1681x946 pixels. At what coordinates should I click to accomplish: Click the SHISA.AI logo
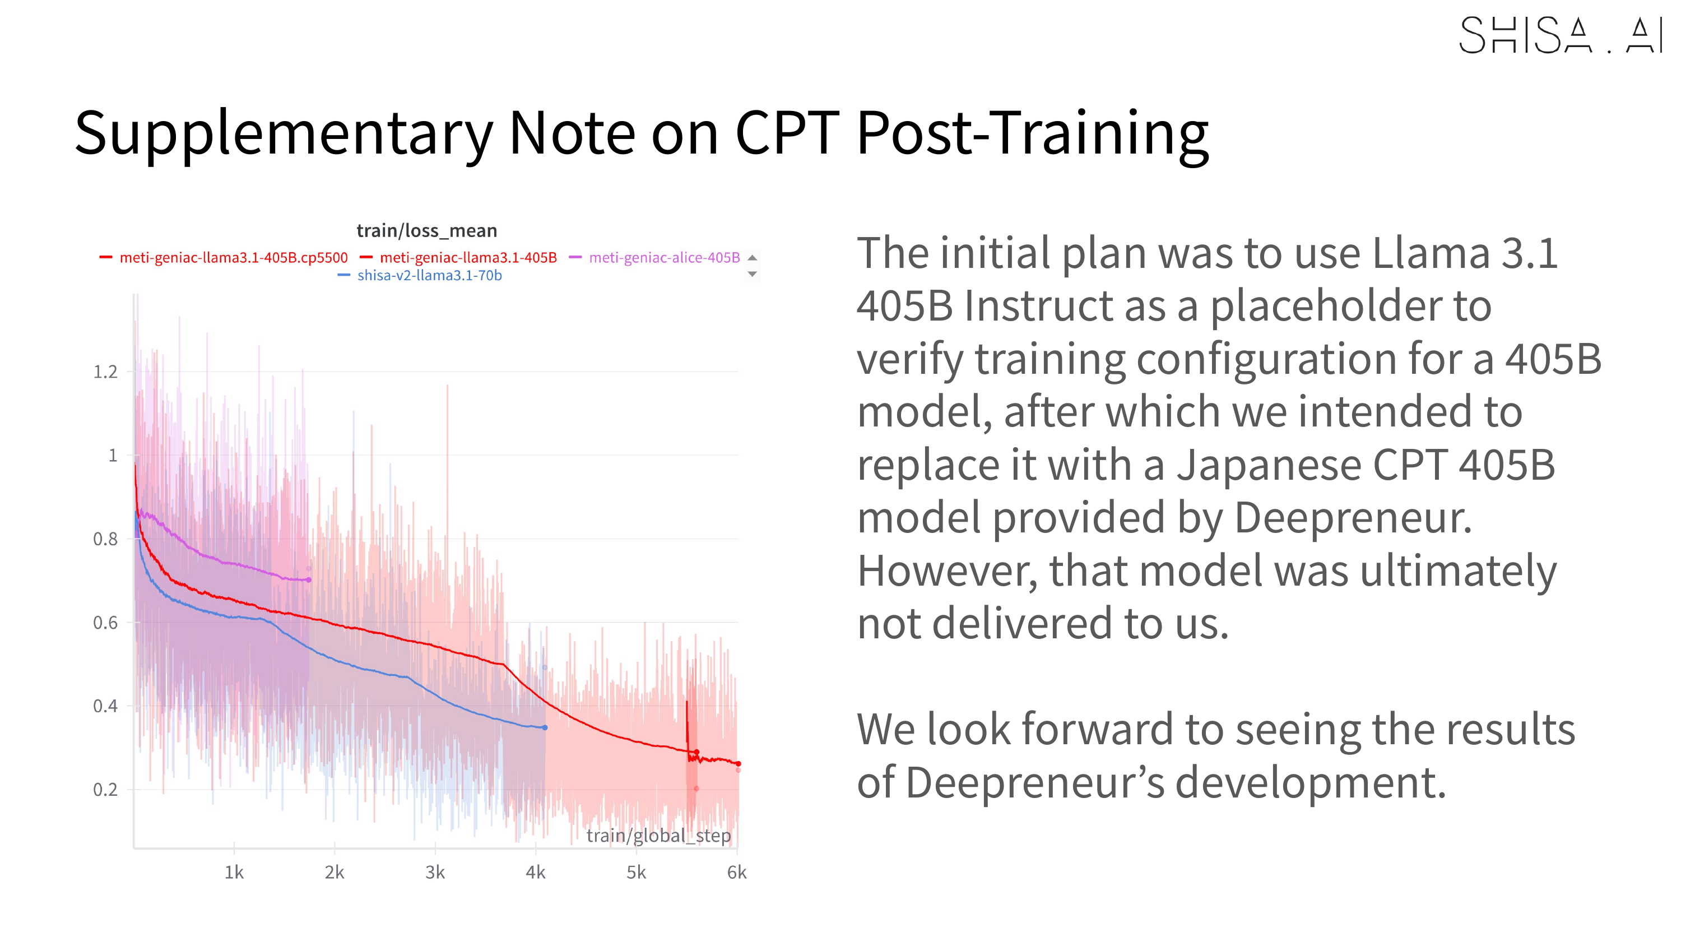pyautogui.click(x=1559, y=35)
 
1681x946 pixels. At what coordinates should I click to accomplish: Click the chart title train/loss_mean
pyautogui.click(x=426, y=230)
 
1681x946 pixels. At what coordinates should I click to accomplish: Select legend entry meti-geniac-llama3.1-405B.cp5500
pyautogui.click(x=233, y=258)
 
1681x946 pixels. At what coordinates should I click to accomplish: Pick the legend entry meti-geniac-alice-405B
pyautogui.click(x=663, y=258)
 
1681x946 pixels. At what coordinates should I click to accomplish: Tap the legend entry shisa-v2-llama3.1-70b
pyautogui.click(x=429, y=276)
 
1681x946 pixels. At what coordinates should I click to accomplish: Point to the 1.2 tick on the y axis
pyautogui.click(x=105, y=372)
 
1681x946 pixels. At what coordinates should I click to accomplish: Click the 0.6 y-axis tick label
pyautogui.click(x=105, y=623)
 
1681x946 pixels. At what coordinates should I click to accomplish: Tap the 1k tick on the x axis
pyautogui.click(x=234, y=872)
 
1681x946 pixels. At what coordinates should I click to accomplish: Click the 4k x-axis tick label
pyautogui.click(x=535, y=872)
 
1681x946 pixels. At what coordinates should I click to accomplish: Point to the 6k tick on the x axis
pyautogui.click(x=736, y=872)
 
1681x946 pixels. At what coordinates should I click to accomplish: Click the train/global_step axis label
pyautogui.click(x=658, y=836)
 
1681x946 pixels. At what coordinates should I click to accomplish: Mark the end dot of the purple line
pyautogui.click(x=309, y=579)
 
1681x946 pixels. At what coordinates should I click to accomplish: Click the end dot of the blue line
pyautogui.click(x=545, y=727)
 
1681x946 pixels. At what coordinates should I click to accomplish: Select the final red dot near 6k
pyautogui.click(x=738, y=764)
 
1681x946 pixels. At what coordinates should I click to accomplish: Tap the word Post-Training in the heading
pyautogui.click(x=1032, y=134)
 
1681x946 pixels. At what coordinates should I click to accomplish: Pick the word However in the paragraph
pyautogui.click(x=946, y=572)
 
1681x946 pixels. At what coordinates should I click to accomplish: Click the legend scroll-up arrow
pyautogui.click(x=752, y=257)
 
